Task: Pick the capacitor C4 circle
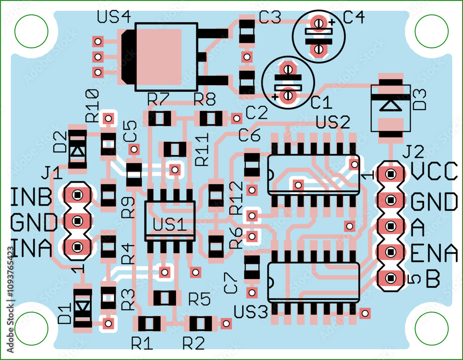[319, 36]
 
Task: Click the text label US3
[251, 312]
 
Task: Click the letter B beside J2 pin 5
[432, 279]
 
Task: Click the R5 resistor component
[165, 298]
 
